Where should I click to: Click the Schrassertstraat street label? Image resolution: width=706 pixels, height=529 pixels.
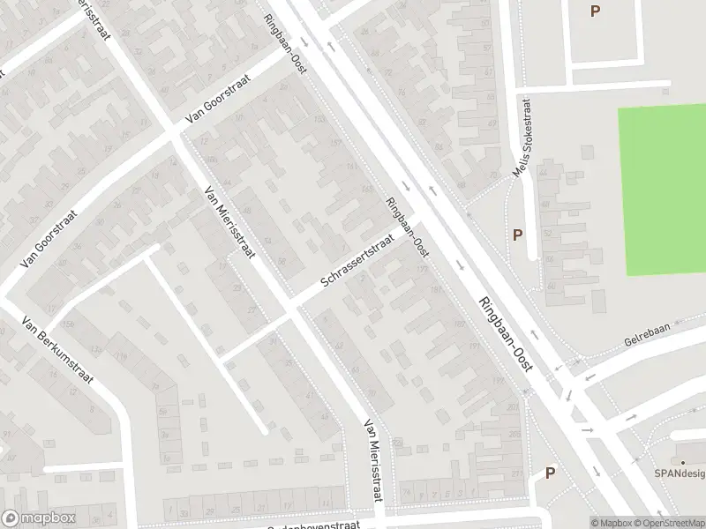point(357,264)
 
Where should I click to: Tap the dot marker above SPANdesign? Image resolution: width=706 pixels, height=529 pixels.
point(681,460)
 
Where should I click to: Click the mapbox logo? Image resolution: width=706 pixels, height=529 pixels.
point(40,518)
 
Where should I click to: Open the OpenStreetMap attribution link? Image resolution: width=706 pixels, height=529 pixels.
point(669,523)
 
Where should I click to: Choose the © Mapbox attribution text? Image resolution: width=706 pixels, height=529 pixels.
point(610,523)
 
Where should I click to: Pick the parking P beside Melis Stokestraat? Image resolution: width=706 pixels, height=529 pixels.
point(517,235)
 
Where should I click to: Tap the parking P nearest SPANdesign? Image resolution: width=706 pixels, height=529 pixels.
point(550,473)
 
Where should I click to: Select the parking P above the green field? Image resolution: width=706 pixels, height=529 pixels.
point(595,11)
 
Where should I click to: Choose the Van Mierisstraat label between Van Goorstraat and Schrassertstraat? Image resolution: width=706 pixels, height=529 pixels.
point(229,221)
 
